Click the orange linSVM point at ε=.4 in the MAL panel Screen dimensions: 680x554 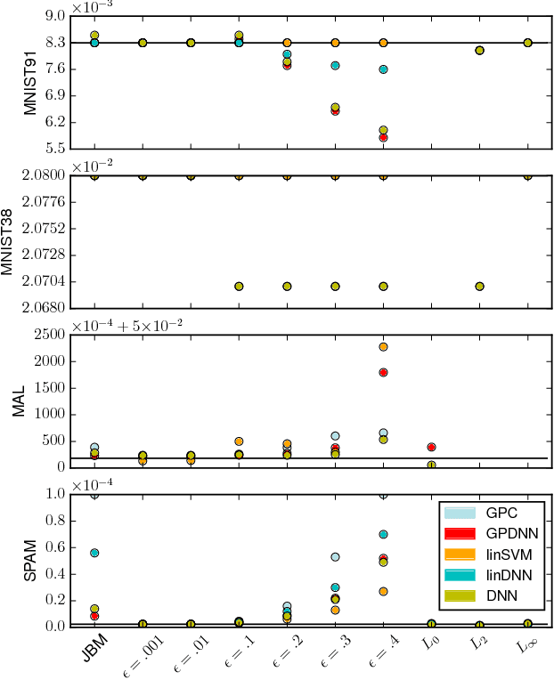pos(383,347)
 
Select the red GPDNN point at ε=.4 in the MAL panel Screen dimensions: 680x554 pos(383,373)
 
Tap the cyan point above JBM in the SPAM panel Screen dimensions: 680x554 pos(94,553)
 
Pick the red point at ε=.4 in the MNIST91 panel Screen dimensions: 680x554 pos(383,137)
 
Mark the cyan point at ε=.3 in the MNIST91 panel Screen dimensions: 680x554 pos(335,66)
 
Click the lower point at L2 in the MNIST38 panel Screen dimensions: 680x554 pos(479,287)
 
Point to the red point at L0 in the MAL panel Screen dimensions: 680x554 pos(431,447)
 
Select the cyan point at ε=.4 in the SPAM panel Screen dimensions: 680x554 pos(383,534)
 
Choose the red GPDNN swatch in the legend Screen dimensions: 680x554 pos(460,533)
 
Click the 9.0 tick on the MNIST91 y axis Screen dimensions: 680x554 pos(54,16)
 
